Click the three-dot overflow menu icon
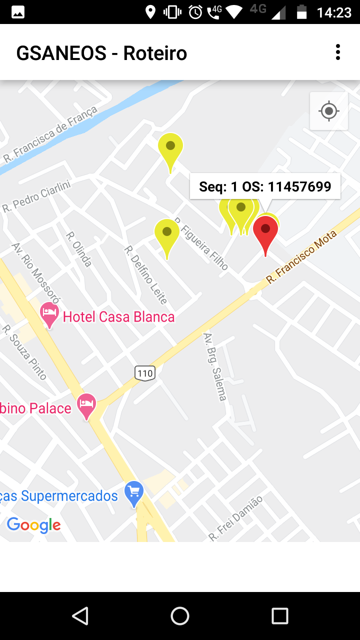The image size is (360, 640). pos(338,52)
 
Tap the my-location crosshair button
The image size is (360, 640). pos(329,111)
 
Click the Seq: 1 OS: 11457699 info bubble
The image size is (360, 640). pos(265,186)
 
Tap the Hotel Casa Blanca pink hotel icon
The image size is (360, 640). pos(49,313)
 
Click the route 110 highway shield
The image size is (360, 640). pos(145,372)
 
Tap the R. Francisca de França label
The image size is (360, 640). pos(50,134)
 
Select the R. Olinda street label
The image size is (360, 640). pos(79,248)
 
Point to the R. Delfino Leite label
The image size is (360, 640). pos(145,274)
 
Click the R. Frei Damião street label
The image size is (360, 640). pos(235,518)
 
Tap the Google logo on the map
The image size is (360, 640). pos(33,525)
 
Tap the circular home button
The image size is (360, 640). pos(180,616)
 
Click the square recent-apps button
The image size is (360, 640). pos(280,616)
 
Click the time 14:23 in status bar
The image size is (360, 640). pos(334,12)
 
